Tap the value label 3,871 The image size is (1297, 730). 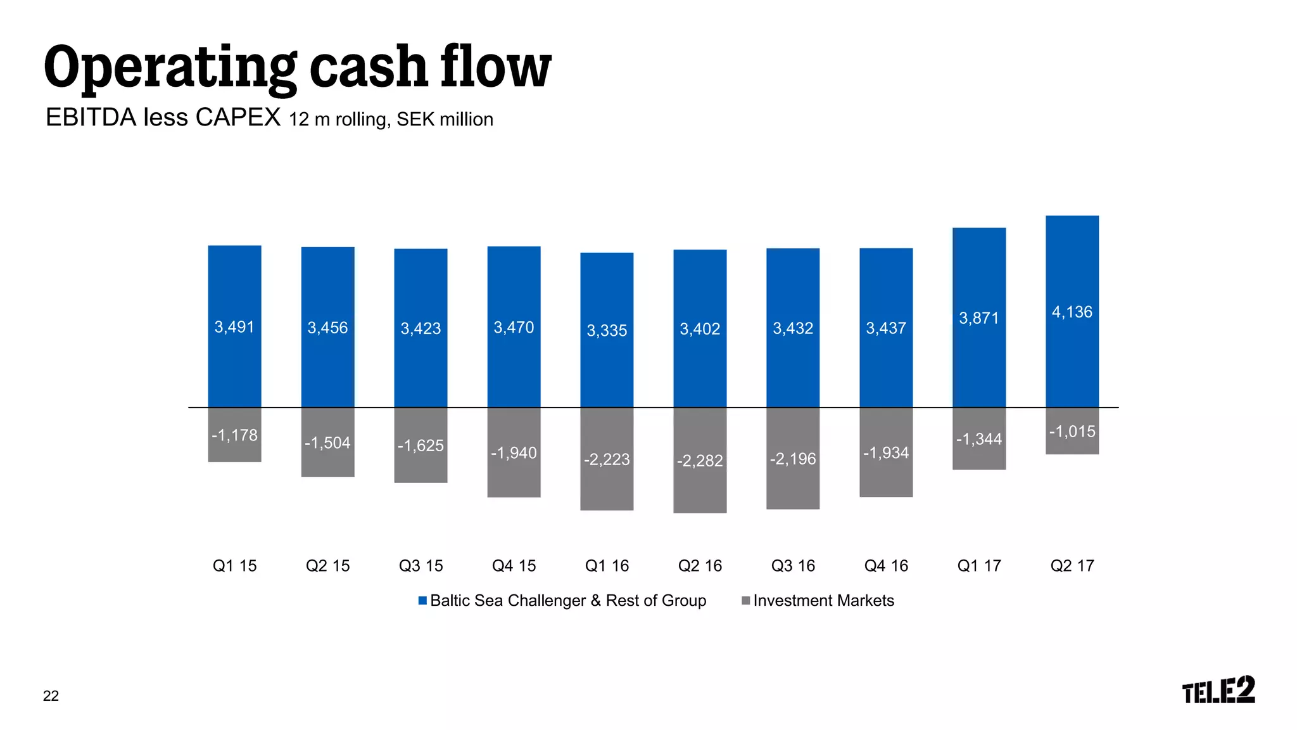click(x=978, y=318)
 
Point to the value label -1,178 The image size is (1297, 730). click(x=234, y=435)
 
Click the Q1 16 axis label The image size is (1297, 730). click(x=607, y=565)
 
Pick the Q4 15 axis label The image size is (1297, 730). click(x=514, y=565)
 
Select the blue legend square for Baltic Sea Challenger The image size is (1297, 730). click(x=422, y=600)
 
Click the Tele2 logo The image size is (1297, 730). click(x=1218, y=690)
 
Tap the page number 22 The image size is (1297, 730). click(x=51, y=696)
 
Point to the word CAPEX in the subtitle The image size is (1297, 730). click(x=237, y=118)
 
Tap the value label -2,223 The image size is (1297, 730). click(x=607, y=459)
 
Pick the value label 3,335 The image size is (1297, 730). click(x=607, y=330)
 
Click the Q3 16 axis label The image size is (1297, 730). click(x=793, y=565)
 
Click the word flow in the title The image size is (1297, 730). click(x=495, y=67)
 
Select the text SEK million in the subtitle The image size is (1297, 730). click(x=445, y=119)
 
